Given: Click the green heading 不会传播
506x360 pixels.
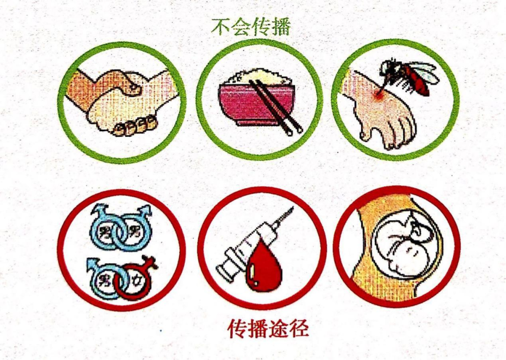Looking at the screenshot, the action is (x=251, y=26).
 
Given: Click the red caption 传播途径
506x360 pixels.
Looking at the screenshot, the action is (x=268, y=329).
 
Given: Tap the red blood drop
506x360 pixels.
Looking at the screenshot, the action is (x=263, y=265).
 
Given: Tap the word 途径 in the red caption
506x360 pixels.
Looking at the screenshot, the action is (x=289, y=329).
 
